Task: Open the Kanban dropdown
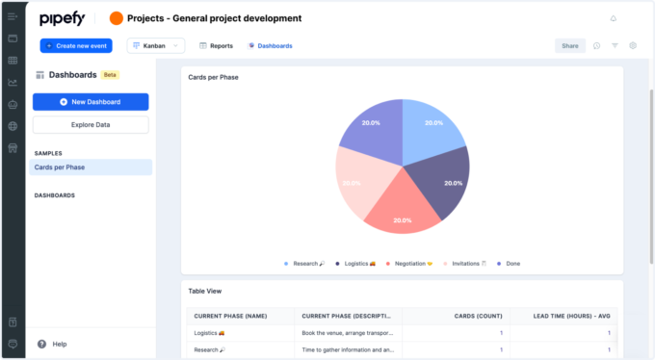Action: tap(155, 45)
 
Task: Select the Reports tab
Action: tap(216, 45)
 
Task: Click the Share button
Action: tap(570, 45)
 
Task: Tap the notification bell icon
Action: tap(614, 18)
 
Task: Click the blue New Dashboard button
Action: tap(91, 102)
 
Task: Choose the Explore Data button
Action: tap(91, 125)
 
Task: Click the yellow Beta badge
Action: tap(111, 74)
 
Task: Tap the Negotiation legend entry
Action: tap(414, 263)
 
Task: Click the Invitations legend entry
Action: tap(469, 263)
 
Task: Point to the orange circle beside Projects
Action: tap(117, 18)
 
